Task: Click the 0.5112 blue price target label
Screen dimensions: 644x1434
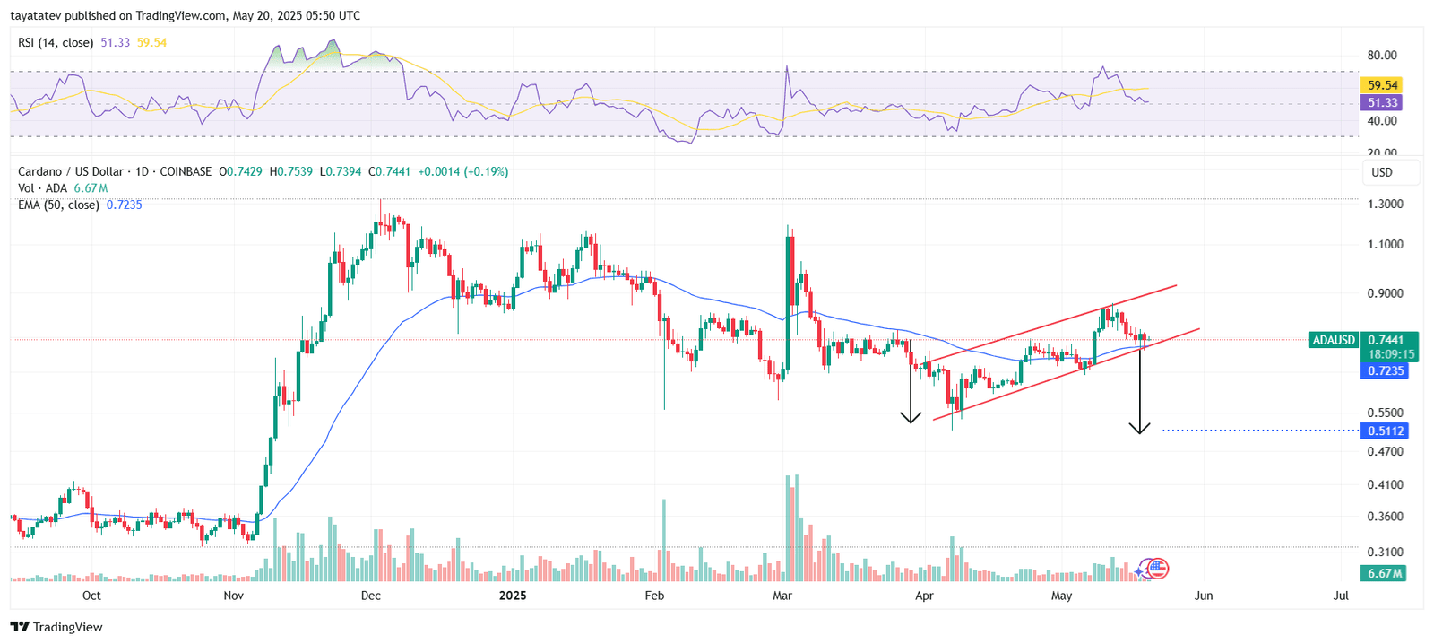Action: coord(1385,431)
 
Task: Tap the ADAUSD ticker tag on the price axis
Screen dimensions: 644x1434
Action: coord(1333,340)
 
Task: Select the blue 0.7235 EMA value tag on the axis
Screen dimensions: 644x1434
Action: coord(1385,370)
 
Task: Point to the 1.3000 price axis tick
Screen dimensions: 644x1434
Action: coord(1385,204)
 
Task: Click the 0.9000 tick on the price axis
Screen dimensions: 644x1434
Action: coord(1385,293)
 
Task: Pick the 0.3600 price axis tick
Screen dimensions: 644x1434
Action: coord(1385,517)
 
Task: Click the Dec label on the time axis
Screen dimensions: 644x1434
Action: coord(370,596)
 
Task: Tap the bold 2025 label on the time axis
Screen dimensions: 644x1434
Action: coord(513,596)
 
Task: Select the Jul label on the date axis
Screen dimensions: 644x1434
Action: coord(1341,596)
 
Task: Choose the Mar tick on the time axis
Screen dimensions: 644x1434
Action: coord(782,596)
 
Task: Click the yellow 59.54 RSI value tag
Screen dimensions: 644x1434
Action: coord(1383,85)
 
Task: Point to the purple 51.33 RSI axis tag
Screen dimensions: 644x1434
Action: coord(1383,103)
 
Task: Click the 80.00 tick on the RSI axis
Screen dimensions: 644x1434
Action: coord(1382,55)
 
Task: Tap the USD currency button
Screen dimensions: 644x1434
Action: coord(1383,172)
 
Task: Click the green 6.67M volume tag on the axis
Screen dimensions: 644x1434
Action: coord(1385,573)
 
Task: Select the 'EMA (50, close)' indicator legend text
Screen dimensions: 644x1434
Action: coord(58,205)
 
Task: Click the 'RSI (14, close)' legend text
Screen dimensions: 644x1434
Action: coord(56,42)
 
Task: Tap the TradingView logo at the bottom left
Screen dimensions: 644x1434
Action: coord(56,627)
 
